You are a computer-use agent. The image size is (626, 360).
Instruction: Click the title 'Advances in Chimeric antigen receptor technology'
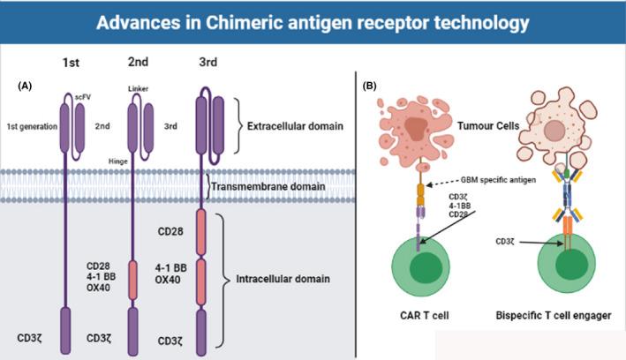(x=313, y=20)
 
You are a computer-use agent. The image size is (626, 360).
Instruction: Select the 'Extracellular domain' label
(x=295, y=127)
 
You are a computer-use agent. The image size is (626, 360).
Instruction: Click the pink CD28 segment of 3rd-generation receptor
(x=201, y=232)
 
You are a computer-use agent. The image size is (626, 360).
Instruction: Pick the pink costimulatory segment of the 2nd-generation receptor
(x=132, y=280)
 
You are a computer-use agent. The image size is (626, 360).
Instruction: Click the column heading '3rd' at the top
(x=201, y=64)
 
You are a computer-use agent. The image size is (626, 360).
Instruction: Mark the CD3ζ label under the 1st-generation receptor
(x=35, y=338)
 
